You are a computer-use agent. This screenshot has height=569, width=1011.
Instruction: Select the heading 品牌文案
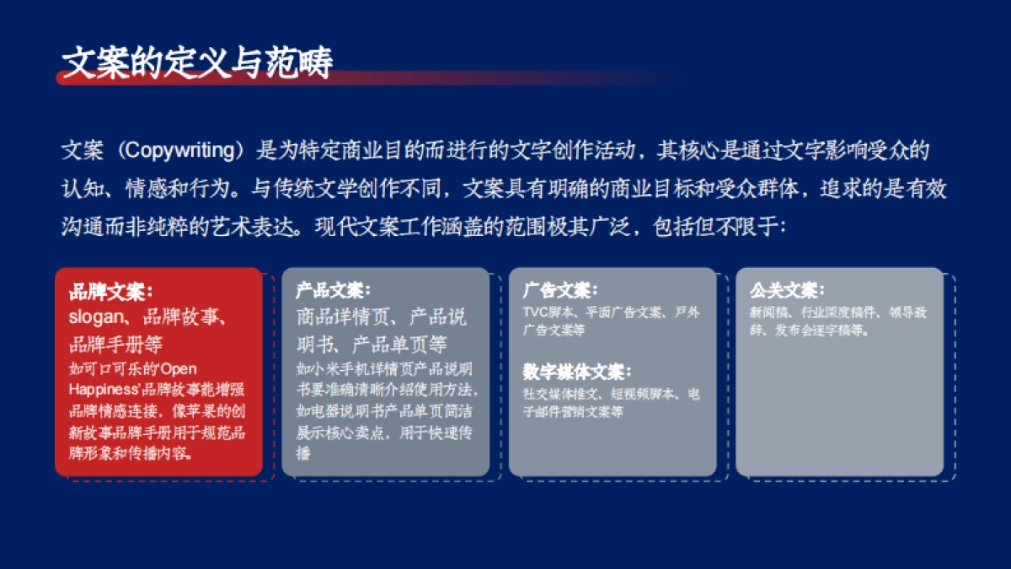110,292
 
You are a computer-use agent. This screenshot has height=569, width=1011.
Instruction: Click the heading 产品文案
333,292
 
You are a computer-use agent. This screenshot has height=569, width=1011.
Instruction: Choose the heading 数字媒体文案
576,373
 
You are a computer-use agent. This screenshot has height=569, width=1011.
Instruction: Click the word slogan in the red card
96,318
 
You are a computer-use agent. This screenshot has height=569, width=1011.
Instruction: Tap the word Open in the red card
179,369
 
